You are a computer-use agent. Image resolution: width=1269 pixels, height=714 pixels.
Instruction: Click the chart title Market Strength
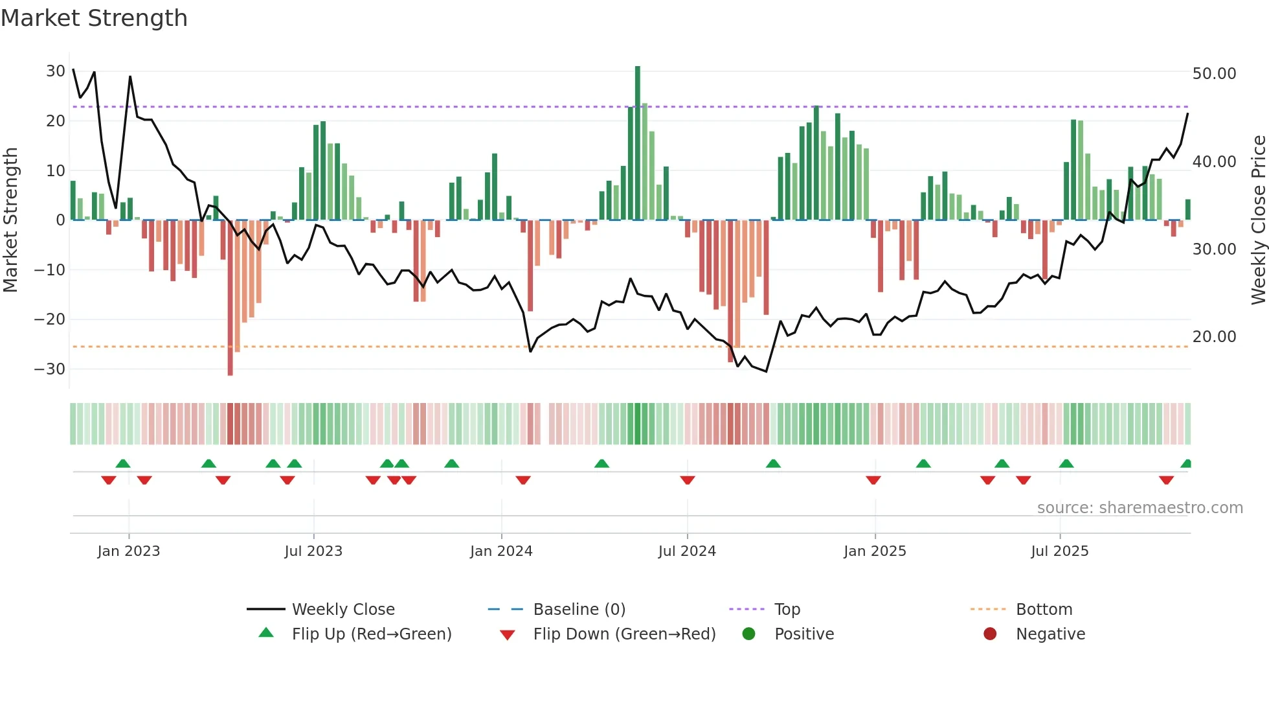click(94, 18)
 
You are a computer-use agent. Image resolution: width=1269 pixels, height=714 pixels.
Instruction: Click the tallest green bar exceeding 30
click(638, 143)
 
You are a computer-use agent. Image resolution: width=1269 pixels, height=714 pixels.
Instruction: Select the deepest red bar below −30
click(230, 298)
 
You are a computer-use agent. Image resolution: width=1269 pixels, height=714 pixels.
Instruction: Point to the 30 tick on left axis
click(56, 71)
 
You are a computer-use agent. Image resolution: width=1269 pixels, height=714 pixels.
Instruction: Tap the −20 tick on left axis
click(51, 319)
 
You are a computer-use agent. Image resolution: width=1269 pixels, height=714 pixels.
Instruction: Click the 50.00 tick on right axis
click(1214, 74)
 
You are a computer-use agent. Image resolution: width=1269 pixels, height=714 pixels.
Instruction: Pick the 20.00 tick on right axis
click(1214, 337)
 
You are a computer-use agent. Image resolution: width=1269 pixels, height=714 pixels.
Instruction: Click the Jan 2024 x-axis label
click(501, 551)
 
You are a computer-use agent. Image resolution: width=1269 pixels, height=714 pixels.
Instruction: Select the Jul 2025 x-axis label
click(1060, 551)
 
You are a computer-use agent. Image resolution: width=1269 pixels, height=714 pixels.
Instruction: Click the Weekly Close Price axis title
click(1258, 220)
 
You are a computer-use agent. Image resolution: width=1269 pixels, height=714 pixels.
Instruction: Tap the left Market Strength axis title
click(10, 220)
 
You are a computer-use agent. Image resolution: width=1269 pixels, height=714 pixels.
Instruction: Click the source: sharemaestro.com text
click(1140, 508)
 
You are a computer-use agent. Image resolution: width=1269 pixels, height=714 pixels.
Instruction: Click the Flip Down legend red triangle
click(508, 635)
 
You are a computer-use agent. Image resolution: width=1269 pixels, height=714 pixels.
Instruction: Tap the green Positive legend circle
click(749, 634)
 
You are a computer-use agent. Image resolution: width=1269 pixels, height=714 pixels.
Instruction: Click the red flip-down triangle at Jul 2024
click(688, 480)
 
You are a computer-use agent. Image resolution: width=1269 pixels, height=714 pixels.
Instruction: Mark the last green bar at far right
click(1188, 209)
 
